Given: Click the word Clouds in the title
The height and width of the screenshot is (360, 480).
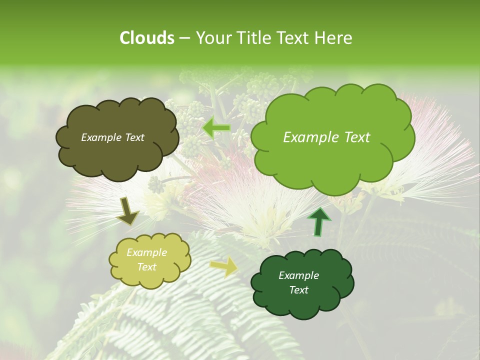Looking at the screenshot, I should pyautogui.click(x=146, y=38).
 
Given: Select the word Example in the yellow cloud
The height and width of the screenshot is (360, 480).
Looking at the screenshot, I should pyautogui.click(x=147, y=252).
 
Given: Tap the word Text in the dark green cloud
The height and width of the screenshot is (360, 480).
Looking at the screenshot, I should pyautogui.click(x=298, y=290).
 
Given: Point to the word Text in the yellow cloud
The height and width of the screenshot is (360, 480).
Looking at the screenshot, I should pyautogui.click(x=147, y=267).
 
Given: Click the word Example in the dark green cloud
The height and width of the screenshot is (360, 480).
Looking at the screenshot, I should pyautogui.click(x=298, y=275).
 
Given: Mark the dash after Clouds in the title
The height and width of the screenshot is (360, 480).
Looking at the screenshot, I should pyautogui.click(x=183, y=38).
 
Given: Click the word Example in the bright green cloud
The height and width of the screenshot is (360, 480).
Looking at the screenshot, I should pyautogui.click(x=308, y=137).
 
